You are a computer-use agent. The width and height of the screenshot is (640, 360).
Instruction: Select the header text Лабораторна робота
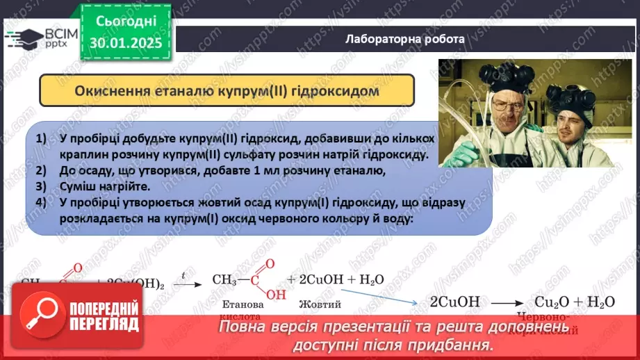[404, 39]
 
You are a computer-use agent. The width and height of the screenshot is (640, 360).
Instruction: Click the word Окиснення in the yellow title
[110, 91]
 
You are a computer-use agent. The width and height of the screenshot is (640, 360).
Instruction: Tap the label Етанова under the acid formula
[242, 304]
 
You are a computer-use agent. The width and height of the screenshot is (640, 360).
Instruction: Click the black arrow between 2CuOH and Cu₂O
[506, 302]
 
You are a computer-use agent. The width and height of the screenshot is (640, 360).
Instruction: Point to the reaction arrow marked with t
[184, 282]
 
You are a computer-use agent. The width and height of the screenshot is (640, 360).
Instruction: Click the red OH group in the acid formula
[276, 293]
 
